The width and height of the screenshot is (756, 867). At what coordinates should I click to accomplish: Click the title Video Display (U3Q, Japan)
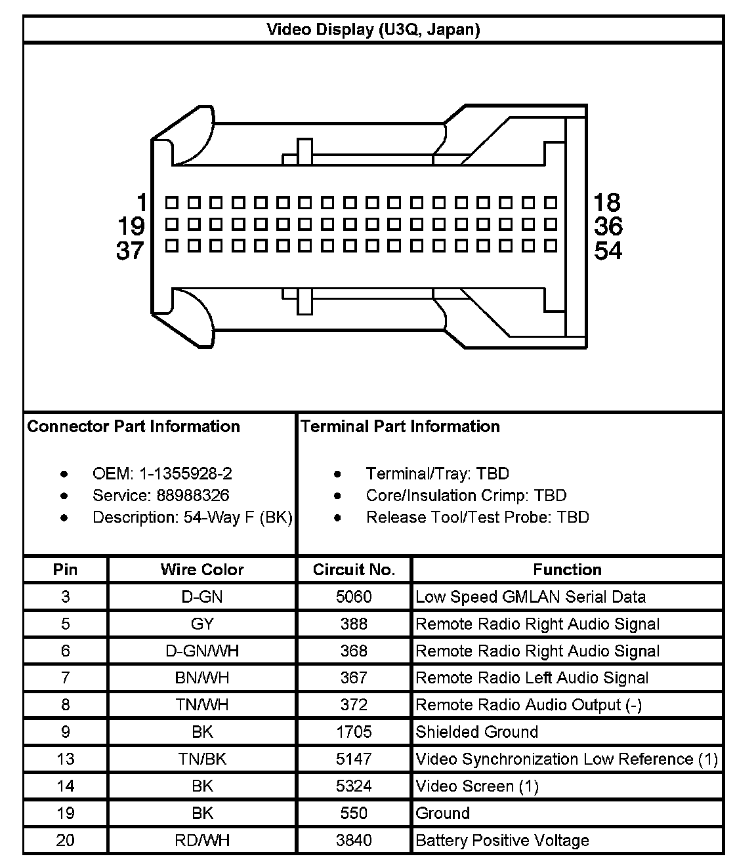pos(373,30)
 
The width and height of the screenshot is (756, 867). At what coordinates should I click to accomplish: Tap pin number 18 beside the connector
pos(607,202)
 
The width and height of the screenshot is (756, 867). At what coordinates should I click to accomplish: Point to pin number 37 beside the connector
pos(130,251)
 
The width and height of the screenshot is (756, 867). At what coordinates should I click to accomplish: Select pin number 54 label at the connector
pos(608,251)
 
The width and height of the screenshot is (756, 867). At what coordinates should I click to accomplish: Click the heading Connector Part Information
pos(133,427)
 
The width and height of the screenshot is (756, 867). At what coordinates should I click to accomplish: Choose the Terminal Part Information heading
pos(400,427)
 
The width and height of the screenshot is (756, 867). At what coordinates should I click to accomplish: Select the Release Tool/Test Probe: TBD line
pos(477,517)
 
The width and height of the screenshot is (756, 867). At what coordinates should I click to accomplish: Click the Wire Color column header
pos(201,570)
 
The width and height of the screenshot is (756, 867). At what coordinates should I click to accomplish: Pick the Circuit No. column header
pos(354,570)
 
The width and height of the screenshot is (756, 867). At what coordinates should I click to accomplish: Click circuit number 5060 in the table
pos(354,597)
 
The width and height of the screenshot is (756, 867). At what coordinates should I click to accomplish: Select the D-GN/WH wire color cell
pos(201,651)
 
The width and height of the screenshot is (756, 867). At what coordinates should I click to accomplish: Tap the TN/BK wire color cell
pos(201,759)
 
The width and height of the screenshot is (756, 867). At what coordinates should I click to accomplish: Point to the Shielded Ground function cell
pos(476,732)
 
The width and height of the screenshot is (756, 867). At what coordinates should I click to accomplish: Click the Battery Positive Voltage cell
pos(502,841)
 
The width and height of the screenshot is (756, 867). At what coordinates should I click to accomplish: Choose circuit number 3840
pos(354,841)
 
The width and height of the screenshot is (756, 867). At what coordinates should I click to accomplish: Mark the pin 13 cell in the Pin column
pos(65,759)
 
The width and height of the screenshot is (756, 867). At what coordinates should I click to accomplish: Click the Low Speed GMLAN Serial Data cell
pos(530,597)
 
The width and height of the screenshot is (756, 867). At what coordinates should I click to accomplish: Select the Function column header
pos(567,570)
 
